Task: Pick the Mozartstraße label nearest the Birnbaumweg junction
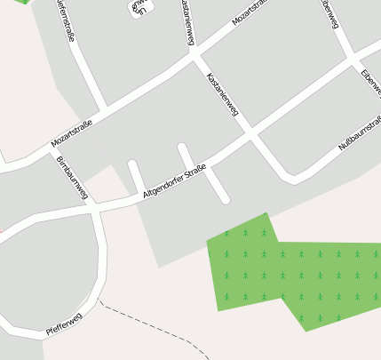[x=72, y=134]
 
